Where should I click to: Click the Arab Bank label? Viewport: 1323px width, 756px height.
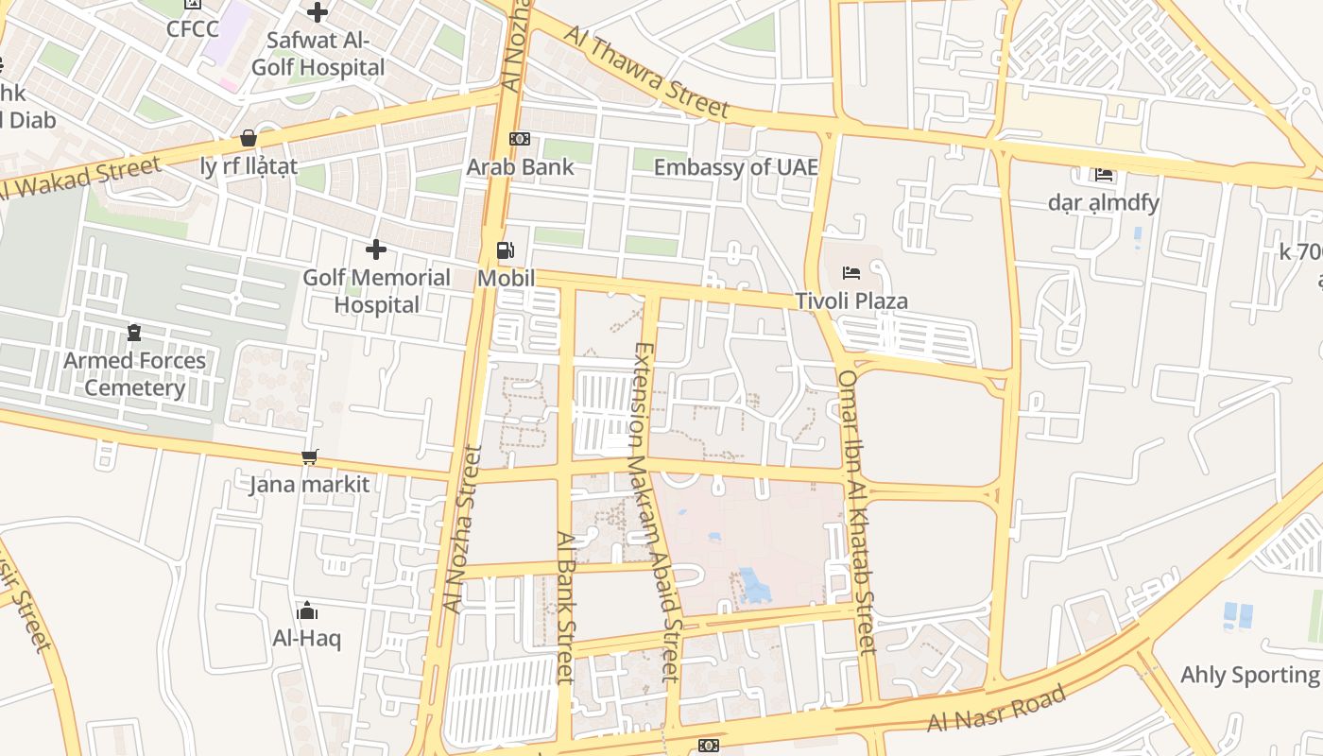tap(520, 167)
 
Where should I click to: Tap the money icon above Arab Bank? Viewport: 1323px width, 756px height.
tap(520, 139)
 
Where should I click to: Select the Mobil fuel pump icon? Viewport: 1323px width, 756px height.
tap(506, 250)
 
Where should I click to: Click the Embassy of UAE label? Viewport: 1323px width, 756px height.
tap(735, 167)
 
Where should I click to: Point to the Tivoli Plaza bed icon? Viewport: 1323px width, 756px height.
tap(851, 273)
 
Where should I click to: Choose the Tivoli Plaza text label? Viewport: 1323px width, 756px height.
tap(851, 301)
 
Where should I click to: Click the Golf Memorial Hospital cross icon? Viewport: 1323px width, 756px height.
tap(376, 249)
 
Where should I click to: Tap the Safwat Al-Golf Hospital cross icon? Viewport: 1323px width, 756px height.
tap(318, 12)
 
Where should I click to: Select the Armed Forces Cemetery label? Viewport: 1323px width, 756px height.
tap(134, 374)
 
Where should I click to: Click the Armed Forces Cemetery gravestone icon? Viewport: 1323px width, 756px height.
tap(134, 333)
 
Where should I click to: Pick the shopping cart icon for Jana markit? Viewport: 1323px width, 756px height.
tap(309, 457)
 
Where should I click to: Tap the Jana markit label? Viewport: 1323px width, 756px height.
tap(309, 486)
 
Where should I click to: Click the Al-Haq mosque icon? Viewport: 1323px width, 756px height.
tap(306, 610)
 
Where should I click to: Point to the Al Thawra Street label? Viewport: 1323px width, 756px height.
tap(647, 73)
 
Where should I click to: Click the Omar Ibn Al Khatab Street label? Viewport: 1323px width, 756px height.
tap(858, 512)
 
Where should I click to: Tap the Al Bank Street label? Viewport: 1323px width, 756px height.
tap(565, 607)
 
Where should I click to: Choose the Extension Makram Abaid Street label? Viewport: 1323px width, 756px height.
tap(655, 511)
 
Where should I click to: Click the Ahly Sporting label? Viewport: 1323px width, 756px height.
tap(1249, 675)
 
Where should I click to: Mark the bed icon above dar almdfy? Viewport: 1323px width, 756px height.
tap(1103, 175)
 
